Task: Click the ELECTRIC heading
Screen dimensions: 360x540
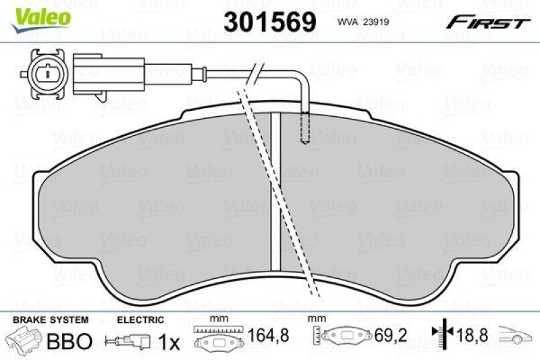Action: point(140,319)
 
